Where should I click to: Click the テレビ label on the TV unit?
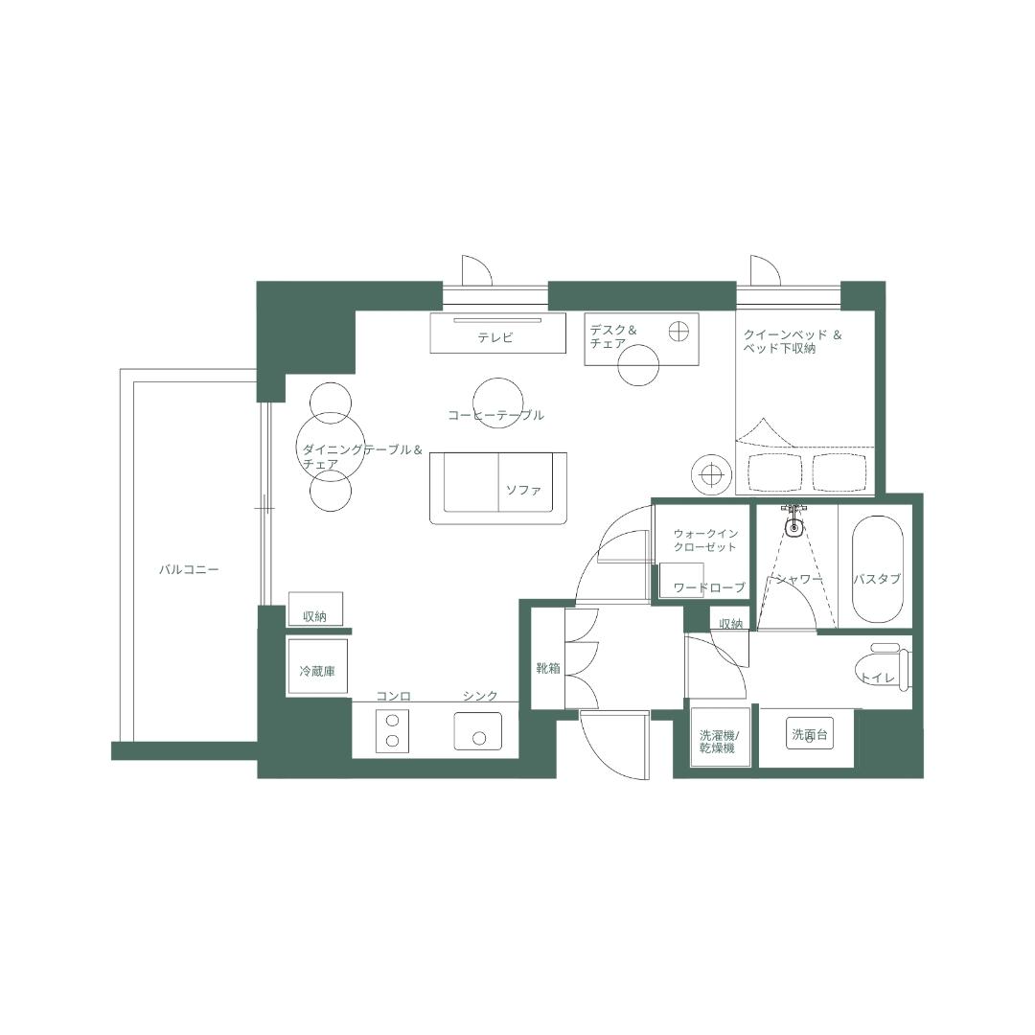tap(495, 337)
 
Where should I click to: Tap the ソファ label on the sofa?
tap(523, 490)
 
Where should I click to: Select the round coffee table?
tap(498, 396)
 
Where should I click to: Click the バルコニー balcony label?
tap(189, 569)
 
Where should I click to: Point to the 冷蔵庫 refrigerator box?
tap(316, 672)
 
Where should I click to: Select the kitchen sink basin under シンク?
tap(478, 731)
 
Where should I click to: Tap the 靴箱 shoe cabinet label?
tap(547, 668)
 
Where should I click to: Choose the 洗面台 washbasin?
tap(809, 735)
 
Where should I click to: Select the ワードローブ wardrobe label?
tap(709, 587)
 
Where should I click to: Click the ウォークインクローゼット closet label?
tap(704, 540)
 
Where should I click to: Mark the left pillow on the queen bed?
tap(774, 471)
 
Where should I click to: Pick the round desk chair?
tap(638, 364)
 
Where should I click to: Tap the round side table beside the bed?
tap(711, 473)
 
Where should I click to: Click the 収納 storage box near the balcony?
tap(315, 610)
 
